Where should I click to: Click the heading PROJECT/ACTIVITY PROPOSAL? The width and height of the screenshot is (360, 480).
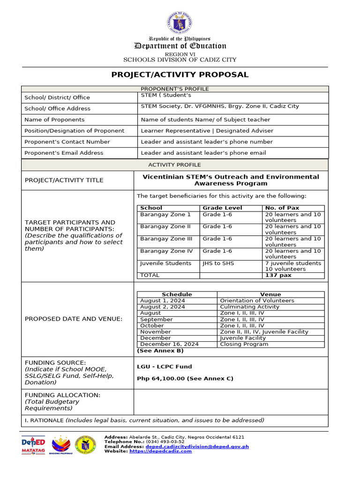[x=180, y=75]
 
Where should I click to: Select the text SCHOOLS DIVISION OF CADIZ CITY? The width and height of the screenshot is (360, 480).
[x=180, y=60]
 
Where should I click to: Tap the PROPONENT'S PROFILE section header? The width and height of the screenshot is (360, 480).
[x=175, y=89]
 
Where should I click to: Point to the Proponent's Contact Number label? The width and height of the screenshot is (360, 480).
[x=67, y=142]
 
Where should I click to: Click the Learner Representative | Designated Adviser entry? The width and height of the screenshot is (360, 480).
[x=207, y=131]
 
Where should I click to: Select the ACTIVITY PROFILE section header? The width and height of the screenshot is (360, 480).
[x=174, y=165]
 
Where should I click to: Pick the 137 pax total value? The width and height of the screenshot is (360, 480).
[x=278, y=275]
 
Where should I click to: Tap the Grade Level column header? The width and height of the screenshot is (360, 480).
[x=222, y=208]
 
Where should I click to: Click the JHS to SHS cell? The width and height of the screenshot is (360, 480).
[x=218, y=263]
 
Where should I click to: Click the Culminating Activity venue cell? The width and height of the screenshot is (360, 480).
[x=249, y=307]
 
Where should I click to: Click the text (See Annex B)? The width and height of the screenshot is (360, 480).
[x=160, y=351]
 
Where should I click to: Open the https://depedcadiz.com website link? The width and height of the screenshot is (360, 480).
[x=161, y=451]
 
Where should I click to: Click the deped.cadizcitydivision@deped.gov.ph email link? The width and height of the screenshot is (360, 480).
[x=197, y=447]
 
